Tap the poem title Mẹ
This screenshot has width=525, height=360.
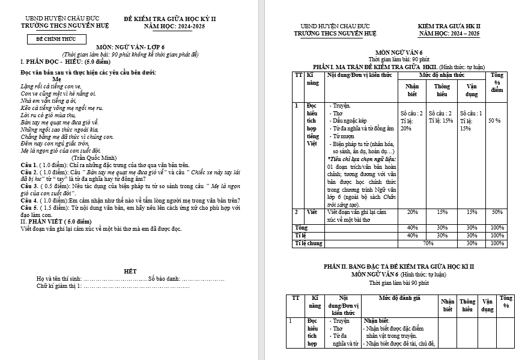click(57, 79)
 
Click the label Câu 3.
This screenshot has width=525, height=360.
click(29, 186)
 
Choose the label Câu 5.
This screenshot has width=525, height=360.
click(29, 207)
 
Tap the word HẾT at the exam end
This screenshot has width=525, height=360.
click(130, 272)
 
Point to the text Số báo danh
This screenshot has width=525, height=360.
click(164, 279)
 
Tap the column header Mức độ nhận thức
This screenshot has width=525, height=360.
click(441, 75)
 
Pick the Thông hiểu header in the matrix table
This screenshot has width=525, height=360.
click(442, 90)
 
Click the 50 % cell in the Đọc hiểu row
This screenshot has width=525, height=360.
click(495, 121)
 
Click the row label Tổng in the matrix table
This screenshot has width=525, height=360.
click(300, 228)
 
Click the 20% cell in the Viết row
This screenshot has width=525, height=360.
click(412, 212)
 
